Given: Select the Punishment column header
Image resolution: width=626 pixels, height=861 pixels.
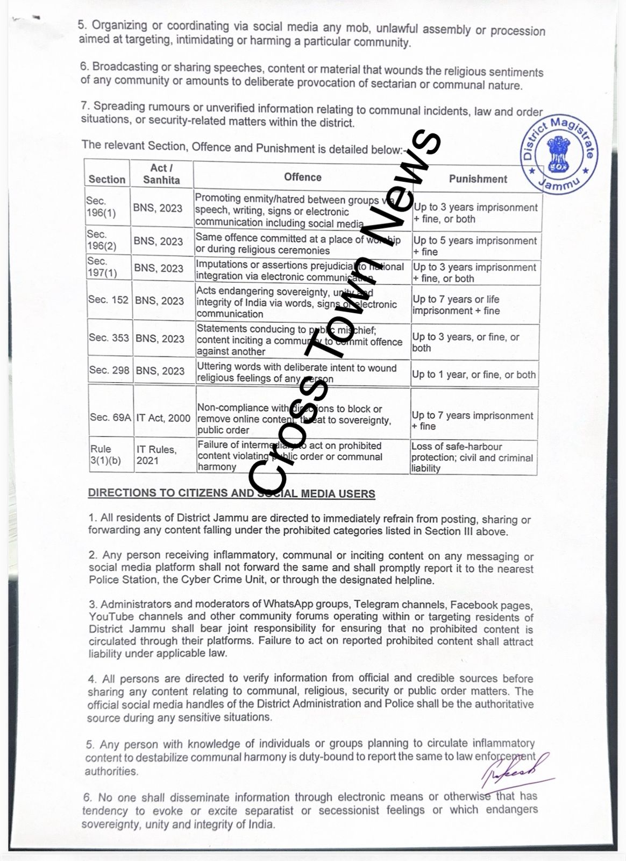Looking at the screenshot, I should point(478,179).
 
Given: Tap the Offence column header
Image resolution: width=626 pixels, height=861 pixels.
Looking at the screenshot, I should point(303,177).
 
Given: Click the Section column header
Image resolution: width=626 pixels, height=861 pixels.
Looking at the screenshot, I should point(107,179).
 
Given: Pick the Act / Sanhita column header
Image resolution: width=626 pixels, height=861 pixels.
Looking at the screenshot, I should point(161,174).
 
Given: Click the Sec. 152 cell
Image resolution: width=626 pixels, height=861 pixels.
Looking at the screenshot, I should point(109,300).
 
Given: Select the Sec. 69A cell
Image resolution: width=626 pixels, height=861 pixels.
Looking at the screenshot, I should point(110,417).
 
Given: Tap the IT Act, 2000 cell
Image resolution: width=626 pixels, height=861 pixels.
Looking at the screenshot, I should point(163,417).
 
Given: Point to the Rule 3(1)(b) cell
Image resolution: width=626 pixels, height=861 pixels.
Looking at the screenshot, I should point(102,454).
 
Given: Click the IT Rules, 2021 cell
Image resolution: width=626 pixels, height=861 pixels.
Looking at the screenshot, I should point(155,455).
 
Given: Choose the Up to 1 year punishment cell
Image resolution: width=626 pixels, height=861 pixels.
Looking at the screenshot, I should point(474,374).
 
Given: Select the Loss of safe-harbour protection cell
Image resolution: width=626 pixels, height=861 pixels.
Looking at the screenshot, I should point(472,457).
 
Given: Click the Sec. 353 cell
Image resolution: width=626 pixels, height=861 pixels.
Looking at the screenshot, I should point(109,338).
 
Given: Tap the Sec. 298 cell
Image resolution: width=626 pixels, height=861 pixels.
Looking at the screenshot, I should point(109,370).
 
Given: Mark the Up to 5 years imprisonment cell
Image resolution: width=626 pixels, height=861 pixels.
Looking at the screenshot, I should point(475,246).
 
